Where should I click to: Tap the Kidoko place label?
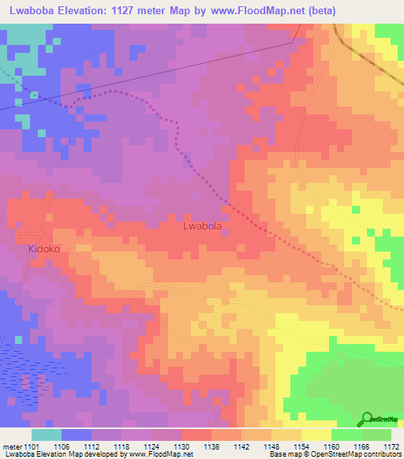[x=44, y=248]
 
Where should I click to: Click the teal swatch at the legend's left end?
[x=47, y=435]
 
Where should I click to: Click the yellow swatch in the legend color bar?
[x=316, y=435]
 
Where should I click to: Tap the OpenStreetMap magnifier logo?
[x=366, y=419]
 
